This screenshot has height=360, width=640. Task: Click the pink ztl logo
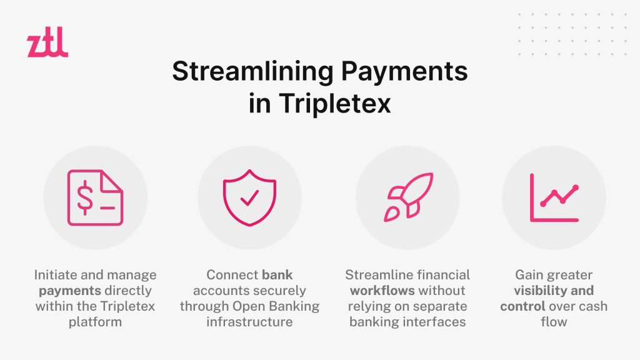[x=47, y=42]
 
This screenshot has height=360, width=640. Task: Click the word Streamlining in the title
[x=253, y=72]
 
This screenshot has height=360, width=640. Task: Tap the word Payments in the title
[x=404, y=72]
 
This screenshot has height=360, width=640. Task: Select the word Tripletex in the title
[x=335, y=103]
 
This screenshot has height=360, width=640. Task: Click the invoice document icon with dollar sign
[x=95, y=197]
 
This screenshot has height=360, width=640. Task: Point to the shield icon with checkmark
[x=249, y=197]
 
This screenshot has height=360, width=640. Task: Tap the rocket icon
[x=408, y=197]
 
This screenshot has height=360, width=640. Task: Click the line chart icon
[x=554, y=197]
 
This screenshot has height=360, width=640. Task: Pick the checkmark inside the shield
[x=249, y=197]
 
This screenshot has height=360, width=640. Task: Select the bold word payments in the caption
[x=70, y=291]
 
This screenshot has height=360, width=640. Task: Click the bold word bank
[x=277, y=275]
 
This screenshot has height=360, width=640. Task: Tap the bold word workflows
[x=382, y=291]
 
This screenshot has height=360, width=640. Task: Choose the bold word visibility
[x=538, y=291]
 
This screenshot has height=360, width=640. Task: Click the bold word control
[x=522, y=306]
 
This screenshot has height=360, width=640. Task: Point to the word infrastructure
[x=249, y=322]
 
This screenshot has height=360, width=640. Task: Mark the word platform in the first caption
[x=95, y=322]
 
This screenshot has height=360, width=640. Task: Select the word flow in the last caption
[x=554, y=322]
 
